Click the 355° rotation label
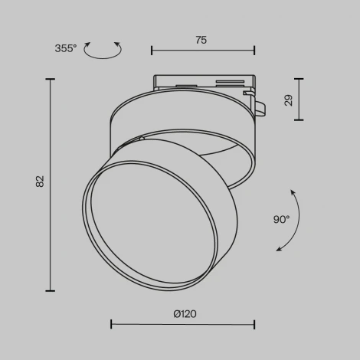(x=66, y=48)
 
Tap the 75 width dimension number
(x=201, y=41)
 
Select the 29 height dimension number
(x=289, y=100)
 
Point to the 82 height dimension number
(x=41, y=182)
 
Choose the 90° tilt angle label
(x=281, y=219)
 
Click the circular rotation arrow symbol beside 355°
(x=103, y=51)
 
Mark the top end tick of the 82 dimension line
(x=51, y=79)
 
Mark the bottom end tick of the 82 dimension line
(x=51, y=290)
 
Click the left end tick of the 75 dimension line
(x=152, y=51)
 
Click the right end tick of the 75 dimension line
(x=254, y=51)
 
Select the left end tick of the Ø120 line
(x=112, y=324)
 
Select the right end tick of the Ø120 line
(x=254, y=324)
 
